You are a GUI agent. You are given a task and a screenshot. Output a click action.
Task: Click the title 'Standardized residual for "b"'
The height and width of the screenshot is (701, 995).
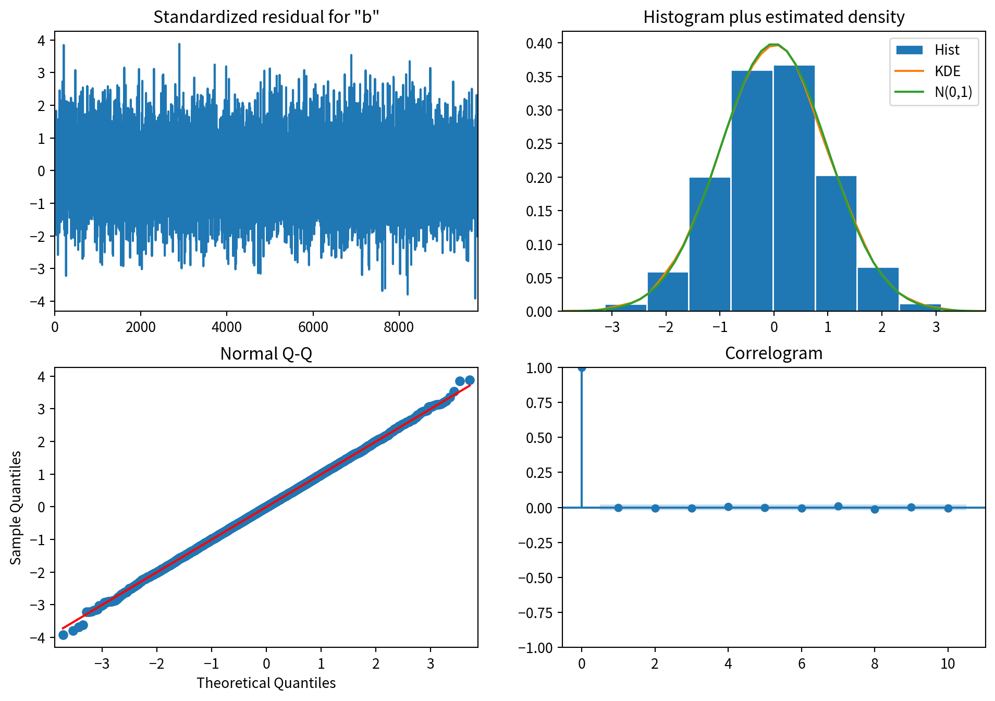click(266, 17)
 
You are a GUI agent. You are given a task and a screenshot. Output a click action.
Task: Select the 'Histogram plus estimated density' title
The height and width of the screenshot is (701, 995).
click(773, 17)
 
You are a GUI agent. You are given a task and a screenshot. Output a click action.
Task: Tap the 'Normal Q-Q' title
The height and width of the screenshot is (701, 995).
click(266, 353)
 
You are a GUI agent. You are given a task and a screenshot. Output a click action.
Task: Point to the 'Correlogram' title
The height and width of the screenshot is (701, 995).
click(773, 353)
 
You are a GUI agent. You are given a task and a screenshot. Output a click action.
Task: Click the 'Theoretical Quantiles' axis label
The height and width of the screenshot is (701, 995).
click(266, 683)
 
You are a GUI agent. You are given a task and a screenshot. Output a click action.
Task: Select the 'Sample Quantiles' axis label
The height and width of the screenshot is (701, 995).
click(16, 507)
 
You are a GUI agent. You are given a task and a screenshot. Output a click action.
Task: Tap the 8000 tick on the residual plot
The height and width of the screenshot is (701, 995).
click(399, 327)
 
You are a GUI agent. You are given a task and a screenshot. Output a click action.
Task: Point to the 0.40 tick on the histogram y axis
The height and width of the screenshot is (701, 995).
click(539, 43)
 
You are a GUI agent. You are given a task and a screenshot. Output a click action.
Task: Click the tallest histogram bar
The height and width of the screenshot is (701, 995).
click(794, 188)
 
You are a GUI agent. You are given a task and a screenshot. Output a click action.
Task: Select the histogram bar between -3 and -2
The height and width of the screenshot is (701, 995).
click(668, 292)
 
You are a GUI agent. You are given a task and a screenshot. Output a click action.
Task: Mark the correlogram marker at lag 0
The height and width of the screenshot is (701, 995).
click(582, 368)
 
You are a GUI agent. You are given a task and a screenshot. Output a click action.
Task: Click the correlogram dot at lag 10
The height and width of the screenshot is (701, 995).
click(948, 508)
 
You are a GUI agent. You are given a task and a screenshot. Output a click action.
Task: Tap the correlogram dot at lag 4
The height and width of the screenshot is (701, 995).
click(728, 507)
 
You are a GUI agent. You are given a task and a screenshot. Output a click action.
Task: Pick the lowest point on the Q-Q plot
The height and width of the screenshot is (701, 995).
click(63, 635)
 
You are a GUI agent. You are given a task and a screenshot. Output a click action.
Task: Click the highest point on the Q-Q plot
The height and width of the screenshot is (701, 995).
click(470, 380)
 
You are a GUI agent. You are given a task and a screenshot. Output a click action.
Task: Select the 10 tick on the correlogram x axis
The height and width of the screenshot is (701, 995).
click(948, 663)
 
